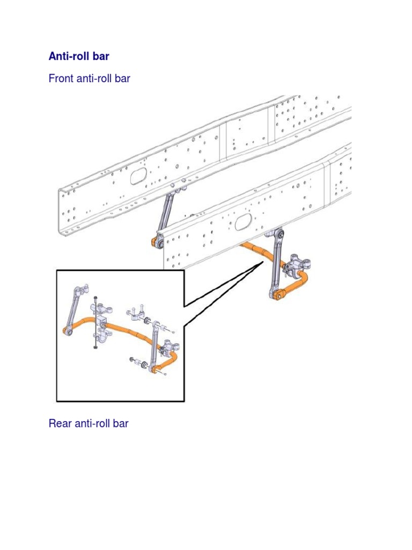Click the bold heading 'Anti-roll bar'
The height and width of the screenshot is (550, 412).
click(x=79, y=56)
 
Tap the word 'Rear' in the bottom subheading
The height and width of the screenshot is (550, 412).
click(x=61, y=423)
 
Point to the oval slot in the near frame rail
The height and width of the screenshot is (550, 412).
click(x=245, y=221)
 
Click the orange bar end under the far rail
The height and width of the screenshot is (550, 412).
click(x=158, y=241)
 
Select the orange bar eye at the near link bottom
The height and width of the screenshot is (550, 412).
click(x=279, y=294)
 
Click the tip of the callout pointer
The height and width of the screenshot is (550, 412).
click(x=262, y=261)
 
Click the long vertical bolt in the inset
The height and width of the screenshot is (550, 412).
click(x=95, y=322)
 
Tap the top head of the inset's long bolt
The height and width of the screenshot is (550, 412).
click(x=95, y=297)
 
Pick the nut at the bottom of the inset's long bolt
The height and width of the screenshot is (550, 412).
click(x=95, y=348)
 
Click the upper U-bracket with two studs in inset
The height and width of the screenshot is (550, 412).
click(x=135, y=313)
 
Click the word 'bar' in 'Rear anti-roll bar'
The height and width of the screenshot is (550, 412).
click(x=121, y=423)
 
